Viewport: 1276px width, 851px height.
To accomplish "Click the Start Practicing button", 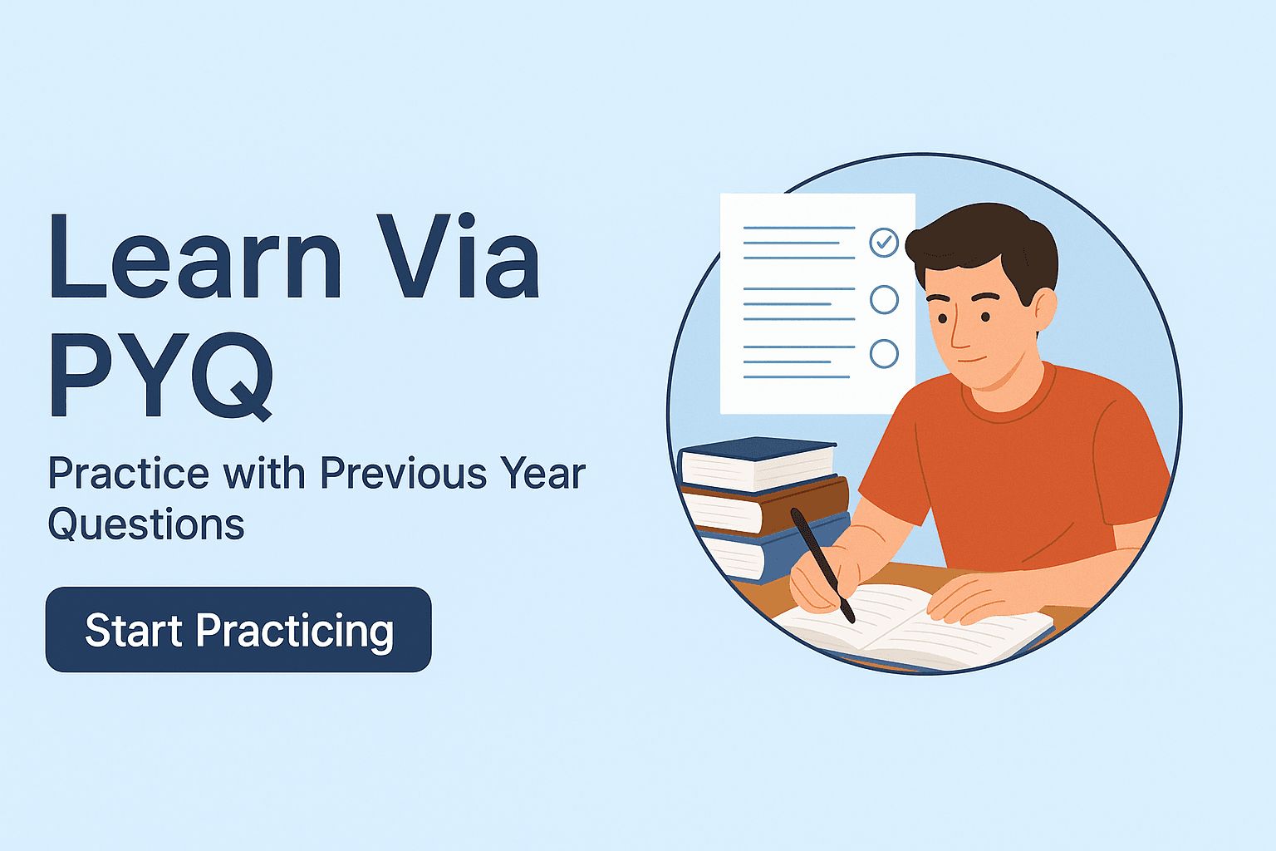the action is (x=238, y=629).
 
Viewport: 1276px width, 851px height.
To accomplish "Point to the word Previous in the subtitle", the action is (x=403, y=473).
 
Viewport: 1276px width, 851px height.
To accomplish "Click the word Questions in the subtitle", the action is (x=146, y=524).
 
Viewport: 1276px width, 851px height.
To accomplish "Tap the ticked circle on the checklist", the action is (x=884, y=242).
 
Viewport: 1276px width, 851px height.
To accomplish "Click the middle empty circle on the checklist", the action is (x=884, y=299).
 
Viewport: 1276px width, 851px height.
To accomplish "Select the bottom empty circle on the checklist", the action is (x=884, y=353).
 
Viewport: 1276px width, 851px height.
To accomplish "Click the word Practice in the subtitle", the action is (x=129, y=473).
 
